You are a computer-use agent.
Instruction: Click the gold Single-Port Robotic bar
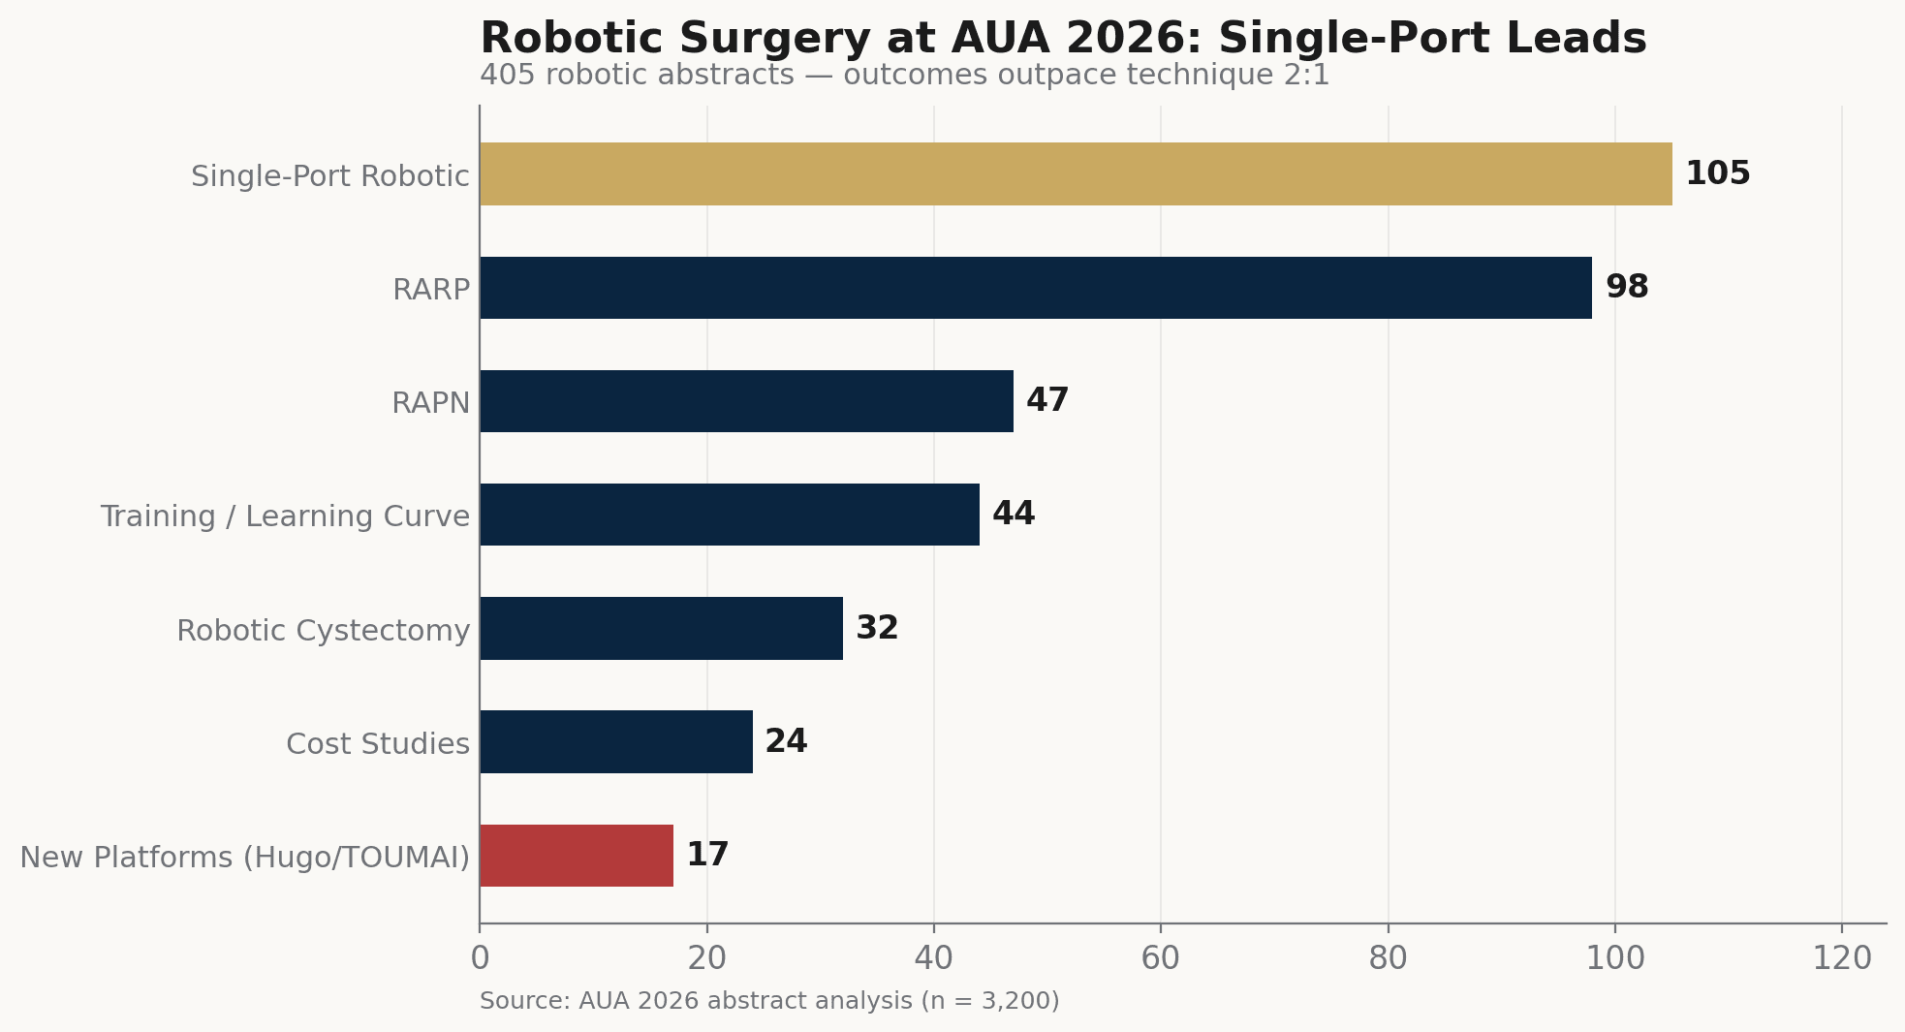(1076, 173)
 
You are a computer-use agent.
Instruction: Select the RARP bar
(1036, 288)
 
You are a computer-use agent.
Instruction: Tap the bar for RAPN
(746, 401)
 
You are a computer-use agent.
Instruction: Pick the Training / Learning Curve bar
(730, 515)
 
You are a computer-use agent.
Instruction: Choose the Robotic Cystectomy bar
(661, 628)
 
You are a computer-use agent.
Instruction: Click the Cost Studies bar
(616, 741)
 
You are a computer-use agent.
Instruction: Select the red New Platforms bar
(577, 856)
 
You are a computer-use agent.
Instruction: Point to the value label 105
(1718, 173)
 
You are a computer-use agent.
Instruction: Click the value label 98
(1627, 287)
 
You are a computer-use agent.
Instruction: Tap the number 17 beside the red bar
(707, 855)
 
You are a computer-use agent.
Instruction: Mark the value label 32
(877, 628)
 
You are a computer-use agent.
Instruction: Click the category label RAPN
(431, 402)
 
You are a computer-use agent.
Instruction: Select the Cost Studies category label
(378, 743)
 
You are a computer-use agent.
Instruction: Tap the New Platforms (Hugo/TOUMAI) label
(245, 858)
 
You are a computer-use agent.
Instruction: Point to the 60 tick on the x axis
(1161, 958)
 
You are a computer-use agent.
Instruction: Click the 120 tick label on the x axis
(1842, 958)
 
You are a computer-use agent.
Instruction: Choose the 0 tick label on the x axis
(480, 958)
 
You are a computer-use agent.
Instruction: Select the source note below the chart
(769, 1001)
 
